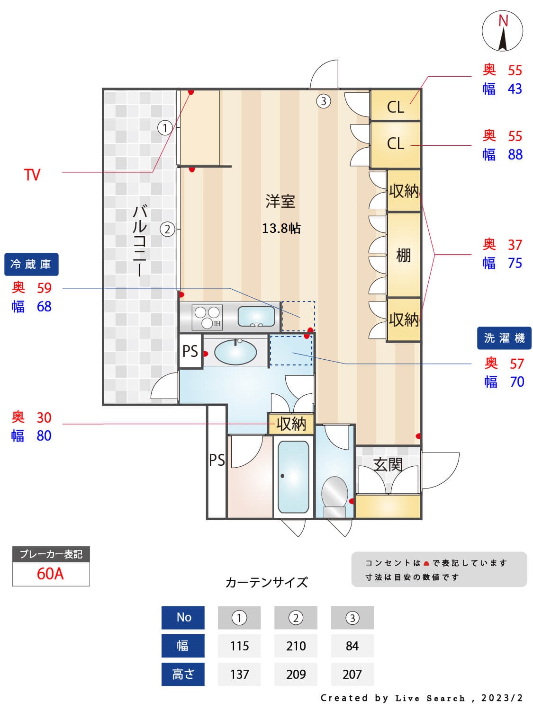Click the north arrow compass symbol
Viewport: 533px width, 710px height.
point(502,31)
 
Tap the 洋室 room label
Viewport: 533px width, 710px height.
point(280,201)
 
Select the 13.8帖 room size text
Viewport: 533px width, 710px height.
point(281,228)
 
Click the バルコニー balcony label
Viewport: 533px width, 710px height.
point(140,241)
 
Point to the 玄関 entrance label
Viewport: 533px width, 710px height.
point(388,464)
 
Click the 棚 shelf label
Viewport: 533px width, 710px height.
point(404,255)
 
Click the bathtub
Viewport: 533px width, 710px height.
point(293,477)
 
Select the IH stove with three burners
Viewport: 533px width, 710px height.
point(207,317)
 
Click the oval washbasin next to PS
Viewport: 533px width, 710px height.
point(235,352)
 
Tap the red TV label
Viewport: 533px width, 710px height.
point(32,175)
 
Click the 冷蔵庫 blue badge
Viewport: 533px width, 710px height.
point(31,264)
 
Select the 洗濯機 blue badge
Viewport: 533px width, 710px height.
point(504,338)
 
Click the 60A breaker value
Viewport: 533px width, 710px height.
point(50,574)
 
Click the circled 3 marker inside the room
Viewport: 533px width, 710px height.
point(323,101)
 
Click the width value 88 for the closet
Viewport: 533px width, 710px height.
point(515,155)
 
